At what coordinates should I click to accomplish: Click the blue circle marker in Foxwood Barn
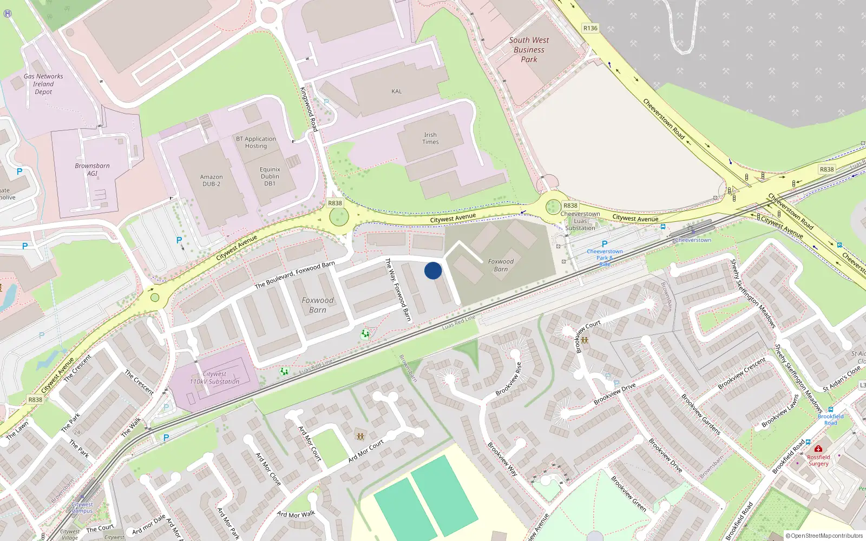tap(433, 270)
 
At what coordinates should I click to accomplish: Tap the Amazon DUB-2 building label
tap(211, 181)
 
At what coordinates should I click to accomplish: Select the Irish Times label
tap(430, 138)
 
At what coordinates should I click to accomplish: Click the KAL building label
tap(397, 91)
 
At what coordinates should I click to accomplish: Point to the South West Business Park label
tap(529, 50)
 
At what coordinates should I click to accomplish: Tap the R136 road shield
tap(591, 28)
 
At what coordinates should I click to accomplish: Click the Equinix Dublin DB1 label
tap(270, 176)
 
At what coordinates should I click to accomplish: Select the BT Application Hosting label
tap(256, 142)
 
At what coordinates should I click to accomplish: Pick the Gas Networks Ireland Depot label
tap(43, 84)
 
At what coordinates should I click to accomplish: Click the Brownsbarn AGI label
tap(92, 170)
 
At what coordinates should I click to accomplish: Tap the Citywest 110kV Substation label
tap(214, 378)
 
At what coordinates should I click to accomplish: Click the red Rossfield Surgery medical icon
tap(818, 449)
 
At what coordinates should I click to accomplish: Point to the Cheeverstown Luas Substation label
tap(580, 221)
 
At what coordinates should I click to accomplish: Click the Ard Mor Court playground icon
tap(360, 436)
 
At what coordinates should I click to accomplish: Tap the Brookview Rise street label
tap(509, 379)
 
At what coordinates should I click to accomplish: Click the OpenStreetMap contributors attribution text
tap(824, 536)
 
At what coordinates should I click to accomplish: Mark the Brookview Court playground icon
tap(585, 340)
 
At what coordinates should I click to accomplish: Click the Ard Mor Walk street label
tap(296, 514)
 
